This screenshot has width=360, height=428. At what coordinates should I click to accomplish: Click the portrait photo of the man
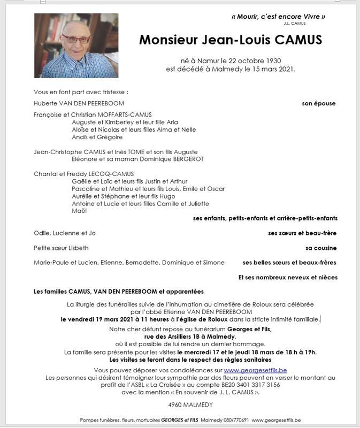coord(76,45)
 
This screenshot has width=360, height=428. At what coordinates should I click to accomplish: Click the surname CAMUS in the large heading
coord(292,40)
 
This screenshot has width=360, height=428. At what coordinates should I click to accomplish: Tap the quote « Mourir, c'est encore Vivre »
coord(278,17)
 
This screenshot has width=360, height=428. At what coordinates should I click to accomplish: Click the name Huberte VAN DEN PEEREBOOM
coord(79,103)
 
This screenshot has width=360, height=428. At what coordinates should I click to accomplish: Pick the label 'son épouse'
coord(319,103)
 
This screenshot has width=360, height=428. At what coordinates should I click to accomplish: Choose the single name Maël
coord(79,211)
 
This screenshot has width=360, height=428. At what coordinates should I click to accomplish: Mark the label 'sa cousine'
coord(321,248)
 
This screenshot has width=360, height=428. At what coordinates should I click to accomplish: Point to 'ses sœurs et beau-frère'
coord(302,233)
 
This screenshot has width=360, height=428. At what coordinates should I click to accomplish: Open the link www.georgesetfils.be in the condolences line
coord(255,370)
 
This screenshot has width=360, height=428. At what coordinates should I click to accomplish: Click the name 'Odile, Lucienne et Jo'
coord(65,233)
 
